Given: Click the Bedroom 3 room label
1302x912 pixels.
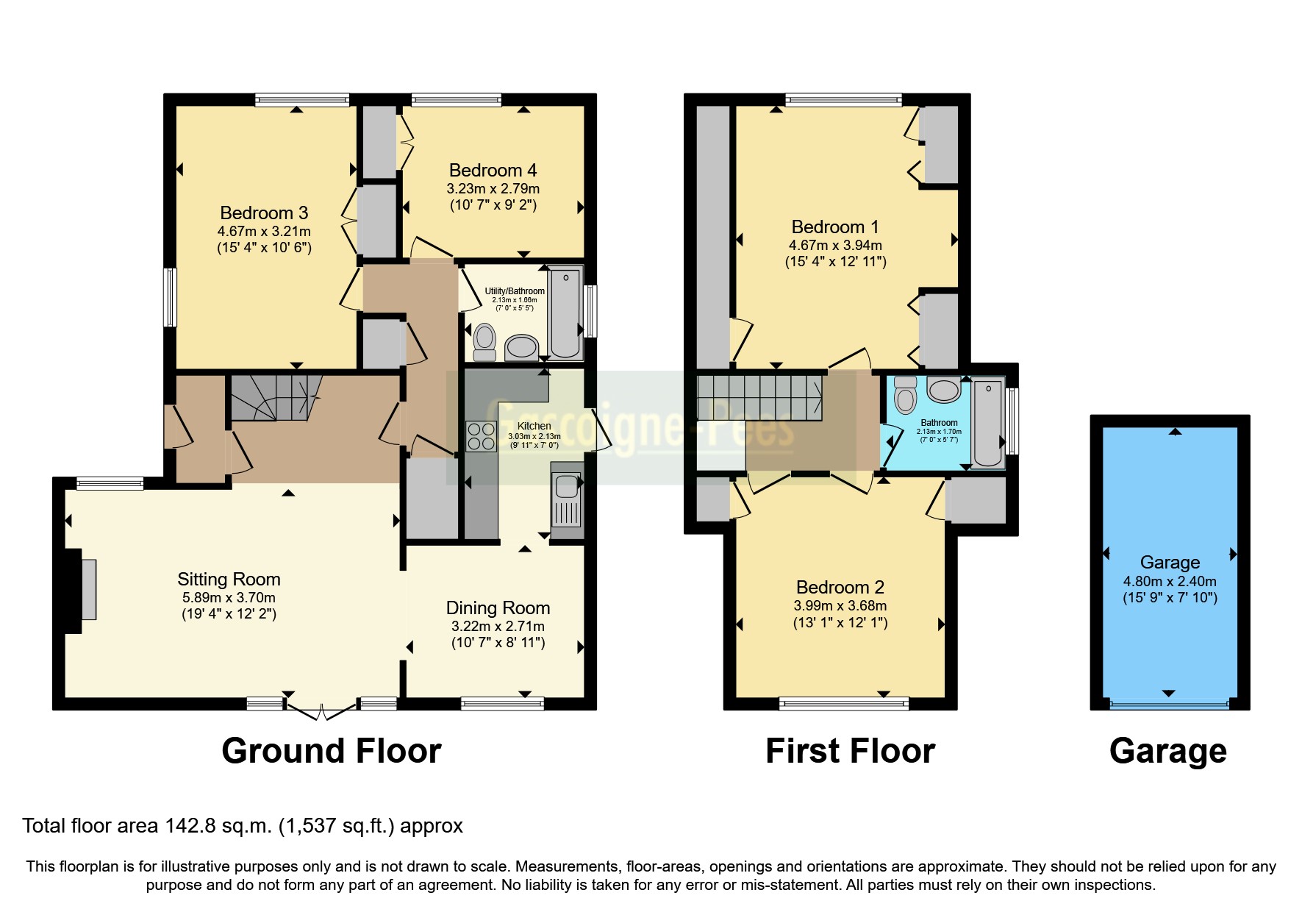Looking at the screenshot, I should click(x=264, y=213).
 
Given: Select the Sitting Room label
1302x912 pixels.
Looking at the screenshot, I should click(x=229, y=580).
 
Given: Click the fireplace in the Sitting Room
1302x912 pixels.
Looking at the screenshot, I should click(x=87, y=589).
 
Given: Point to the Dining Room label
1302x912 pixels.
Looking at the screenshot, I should click(x=498, y=608).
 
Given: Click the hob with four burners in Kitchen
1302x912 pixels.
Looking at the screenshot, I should click(x=481, y=435).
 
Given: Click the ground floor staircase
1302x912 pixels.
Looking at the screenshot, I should click(x=276, y=397).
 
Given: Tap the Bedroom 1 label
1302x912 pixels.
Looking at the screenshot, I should click(x=834, y=227).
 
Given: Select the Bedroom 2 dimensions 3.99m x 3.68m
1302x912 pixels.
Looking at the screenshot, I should click(x=840, y=606).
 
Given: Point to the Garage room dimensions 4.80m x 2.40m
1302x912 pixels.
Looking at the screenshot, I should click(x=1169, y=581).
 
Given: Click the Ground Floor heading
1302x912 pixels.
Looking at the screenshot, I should click(x=331, y=751).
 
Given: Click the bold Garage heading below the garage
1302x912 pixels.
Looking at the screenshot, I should click(x=1167, y=751).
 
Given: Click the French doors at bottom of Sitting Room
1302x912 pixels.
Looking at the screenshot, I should click(x=321, y=710).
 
